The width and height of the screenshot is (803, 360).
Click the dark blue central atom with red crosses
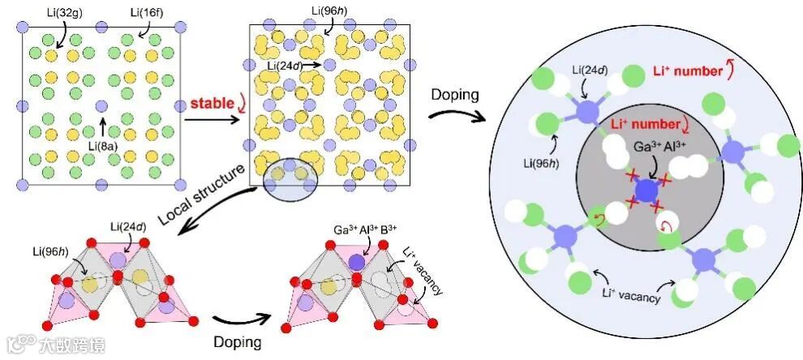[x=646, y=191]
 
